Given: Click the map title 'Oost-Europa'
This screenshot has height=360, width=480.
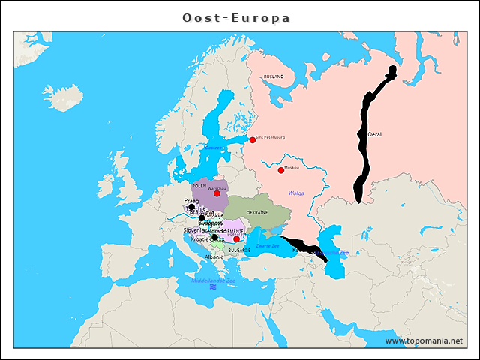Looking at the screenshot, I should coord(236,17).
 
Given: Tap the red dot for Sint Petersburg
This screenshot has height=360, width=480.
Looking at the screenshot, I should coord(253,139).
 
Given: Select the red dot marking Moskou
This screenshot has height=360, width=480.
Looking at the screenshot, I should coord(281,170).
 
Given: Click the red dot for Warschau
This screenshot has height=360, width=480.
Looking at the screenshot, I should coord(217,193).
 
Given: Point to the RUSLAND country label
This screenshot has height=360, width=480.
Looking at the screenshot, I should coord(274,76).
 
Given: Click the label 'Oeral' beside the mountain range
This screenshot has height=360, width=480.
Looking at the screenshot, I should coord(375,134).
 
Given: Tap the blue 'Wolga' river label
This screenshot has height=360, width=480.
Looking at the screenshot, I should coord(296,193).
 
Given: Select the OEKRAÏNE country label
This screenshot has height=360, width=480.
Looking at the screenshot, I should coord(257,212).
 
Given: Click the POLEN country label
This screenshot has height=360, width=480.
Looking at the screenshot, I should coord(199,185).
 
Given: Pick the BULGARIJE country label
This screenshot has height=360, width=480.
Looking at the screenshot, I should coord(240,249).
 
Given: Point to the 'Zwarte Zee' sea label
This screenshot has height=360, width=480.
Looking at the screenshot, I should coord(267,245).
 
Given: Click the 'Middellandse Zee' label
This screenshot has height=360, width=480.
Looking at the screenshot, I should coord(214,280).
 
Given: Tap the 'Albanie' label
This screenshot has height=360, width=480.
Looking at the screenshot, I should coord(214,256).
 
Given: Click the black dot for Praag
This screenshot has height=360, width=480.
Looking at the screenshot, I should coord(191,208).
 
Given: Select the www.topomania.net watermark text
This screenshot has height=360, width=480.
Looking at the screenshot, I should coord(424,340).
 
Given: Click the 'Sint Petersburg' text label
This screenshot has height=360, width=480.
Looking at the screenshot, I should coord(271,137).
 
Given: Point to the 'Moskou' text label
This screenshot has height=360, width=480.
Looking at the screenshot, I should coord(292,167).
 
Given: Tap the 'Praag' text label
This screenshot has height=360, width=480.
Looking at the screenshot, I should coord(191,201).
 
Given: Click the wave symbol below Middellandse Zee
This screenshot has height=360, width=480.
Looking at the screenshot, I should coord(214,286).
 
